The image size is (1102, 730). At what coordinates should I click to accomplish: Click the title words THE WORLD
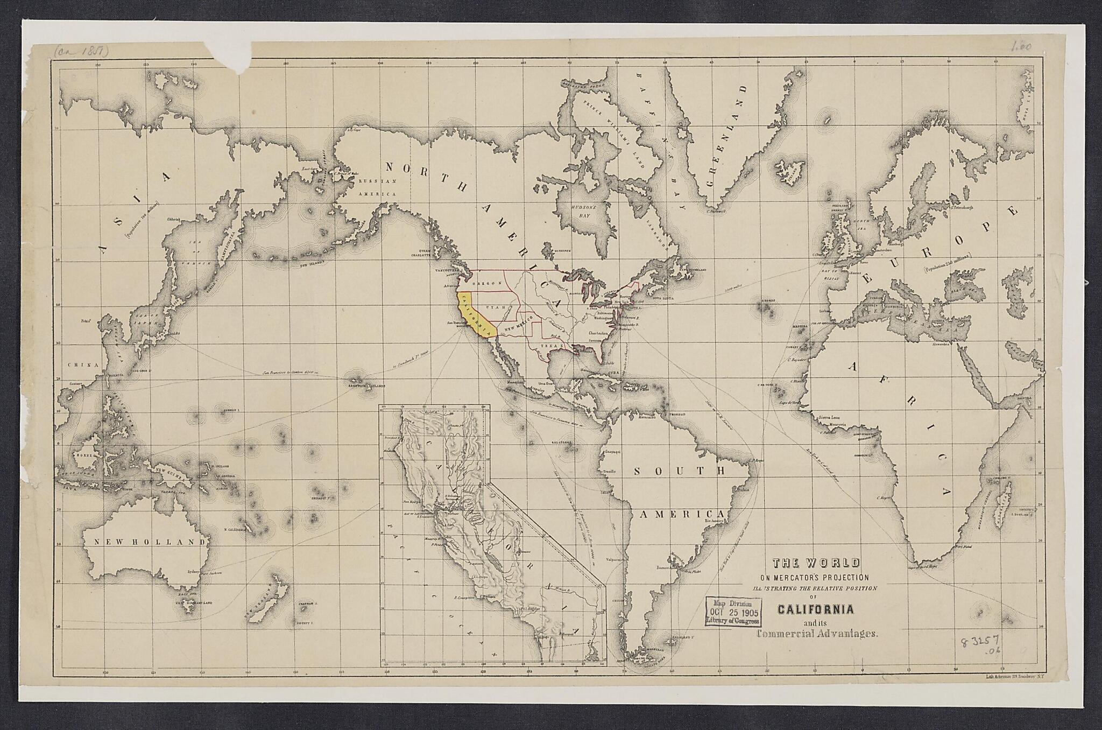[816, 563]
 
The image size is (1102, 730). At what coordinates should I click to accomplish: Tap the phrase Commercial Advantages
[817, 634]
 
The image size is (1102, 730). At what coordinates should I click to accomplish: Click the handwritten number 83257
[981, 643]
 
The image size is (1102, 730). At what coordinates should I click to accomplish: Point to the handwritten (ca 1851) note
[81, 51]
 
